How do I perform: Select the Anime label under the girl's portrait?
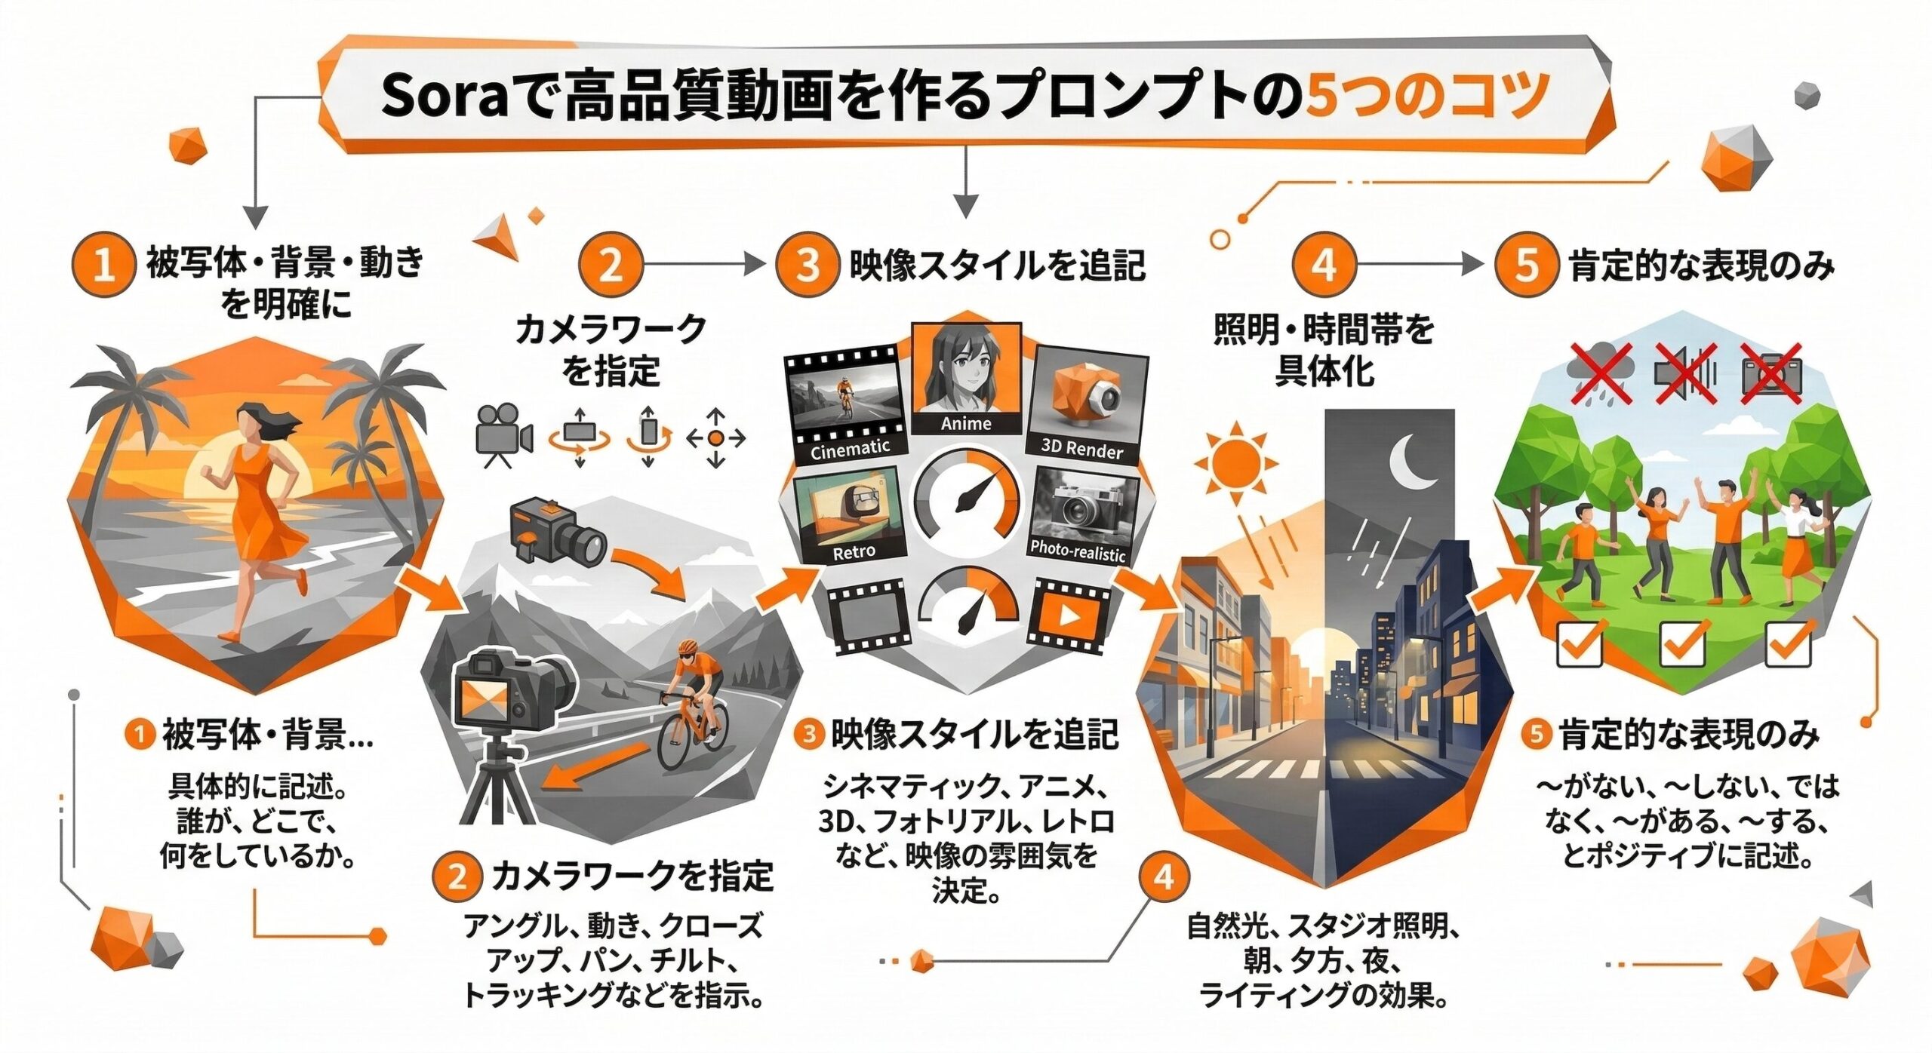[966, 424]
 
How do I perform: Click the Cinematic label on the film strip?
[850, 449]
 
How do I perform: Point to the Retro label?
[854, 551]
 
